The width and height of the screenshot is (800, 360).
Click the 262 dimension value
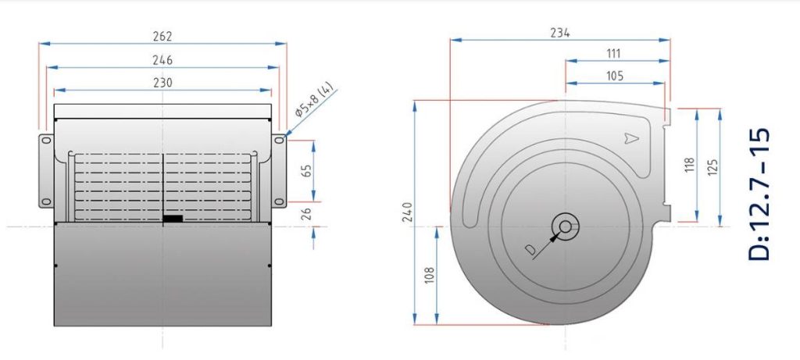point(162,36)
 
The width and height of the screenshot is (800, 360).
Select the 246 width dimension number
point(162,60)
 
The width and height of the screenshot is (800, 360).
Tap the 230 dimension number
point(162,83)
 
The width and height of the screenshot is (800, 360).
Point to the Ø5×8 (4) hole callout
point(313,101)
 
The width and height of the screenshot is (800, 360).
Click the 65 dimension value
point(306,170)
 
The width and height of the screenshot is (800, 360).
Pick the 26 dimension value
point(306,214)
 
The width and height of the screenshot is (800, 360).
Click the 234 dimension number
point(559,33)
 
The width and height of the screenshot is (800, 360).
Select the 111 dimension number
point(614,54)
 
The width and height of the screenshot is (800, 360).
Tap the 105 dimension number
point(614,76)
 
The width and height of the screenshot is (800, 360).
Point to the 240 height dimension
point(407,212)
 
